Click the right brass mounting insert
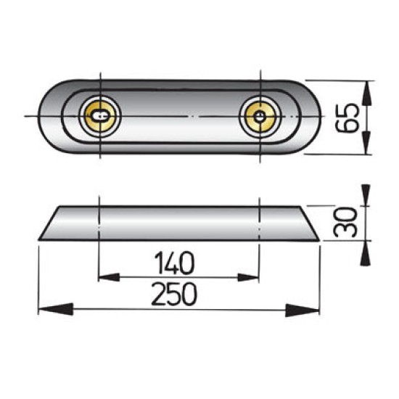(x=259, y=115)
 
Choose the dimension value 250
(x=176, y=295)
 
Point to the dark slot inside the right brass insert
(x=260, y=115)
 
